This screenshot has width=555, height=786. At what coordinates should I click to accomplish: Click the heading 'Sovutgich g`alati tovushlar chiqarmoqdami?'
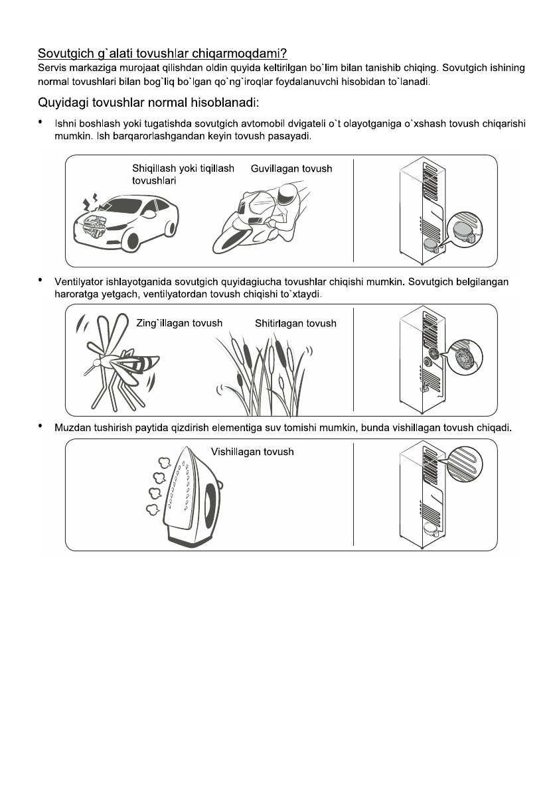click(x=162, y=52)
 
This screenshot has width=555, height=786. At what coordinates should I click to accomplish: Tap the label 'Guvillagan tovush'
click(x=291, y=169)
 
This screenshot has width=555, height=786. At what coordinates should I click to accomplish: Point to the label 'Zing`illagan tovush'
click(x=179, y=323)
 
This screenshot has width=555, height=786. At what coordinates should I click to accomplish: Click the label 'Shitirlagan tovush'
click(x=295, y=324)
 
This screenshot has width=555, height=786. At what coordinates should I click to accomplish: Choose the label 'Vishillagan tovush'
click(x=252, y=452)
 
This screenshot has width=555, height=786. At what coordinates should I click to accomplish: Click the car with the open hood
click(x=127, y=220)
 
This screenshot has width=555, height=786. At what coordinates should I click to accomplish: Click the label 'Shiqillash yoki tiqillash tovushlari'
click(x=183, y=174)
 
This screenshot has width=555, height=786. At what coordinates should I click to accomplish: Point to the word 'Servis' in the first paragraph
click(x=52, y=68)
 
